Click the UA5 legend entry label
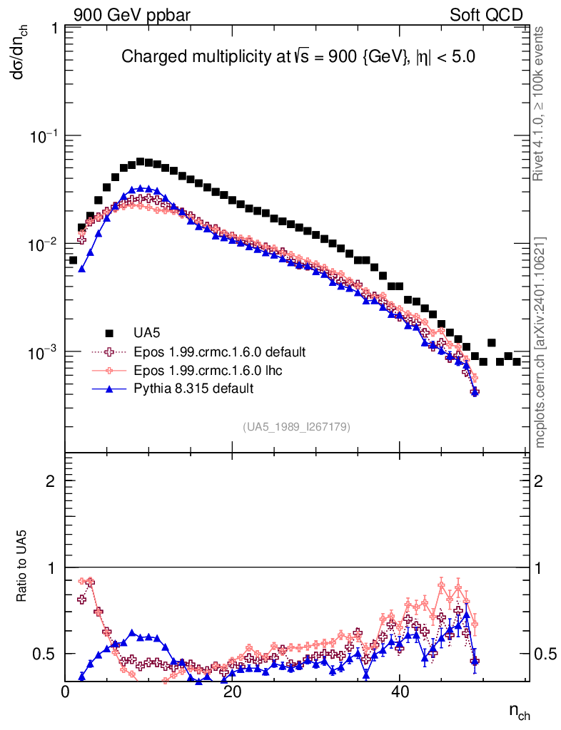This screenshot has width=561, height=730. (x=146, y=333)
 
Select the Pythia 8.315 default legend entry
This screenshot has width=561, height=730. (x=193, y=389)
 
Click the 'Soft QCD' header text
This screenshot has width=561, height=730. (x=486, y=15)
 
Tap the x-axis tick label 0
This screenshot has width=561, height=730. (x=66, y=692)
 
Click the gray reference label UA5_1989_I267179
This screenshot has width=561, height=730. (x=297, y=427)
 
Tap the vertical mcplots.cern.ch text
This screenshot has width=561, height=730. (x=541, y=342)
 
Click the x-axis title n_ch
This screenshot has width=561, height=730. (x=519, y=711)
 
